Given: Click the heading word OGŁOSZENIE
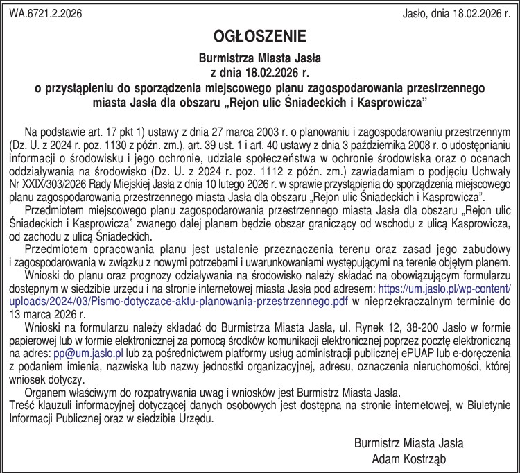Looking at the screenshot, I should [260, 35].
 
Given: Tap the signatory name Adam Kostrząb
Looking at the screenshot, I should [408, 458].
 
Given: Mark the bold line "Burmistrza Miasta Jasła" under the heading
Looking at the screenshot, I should [259, 58].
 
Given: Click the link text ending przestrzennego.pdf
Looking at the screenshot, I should [180, 300].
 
